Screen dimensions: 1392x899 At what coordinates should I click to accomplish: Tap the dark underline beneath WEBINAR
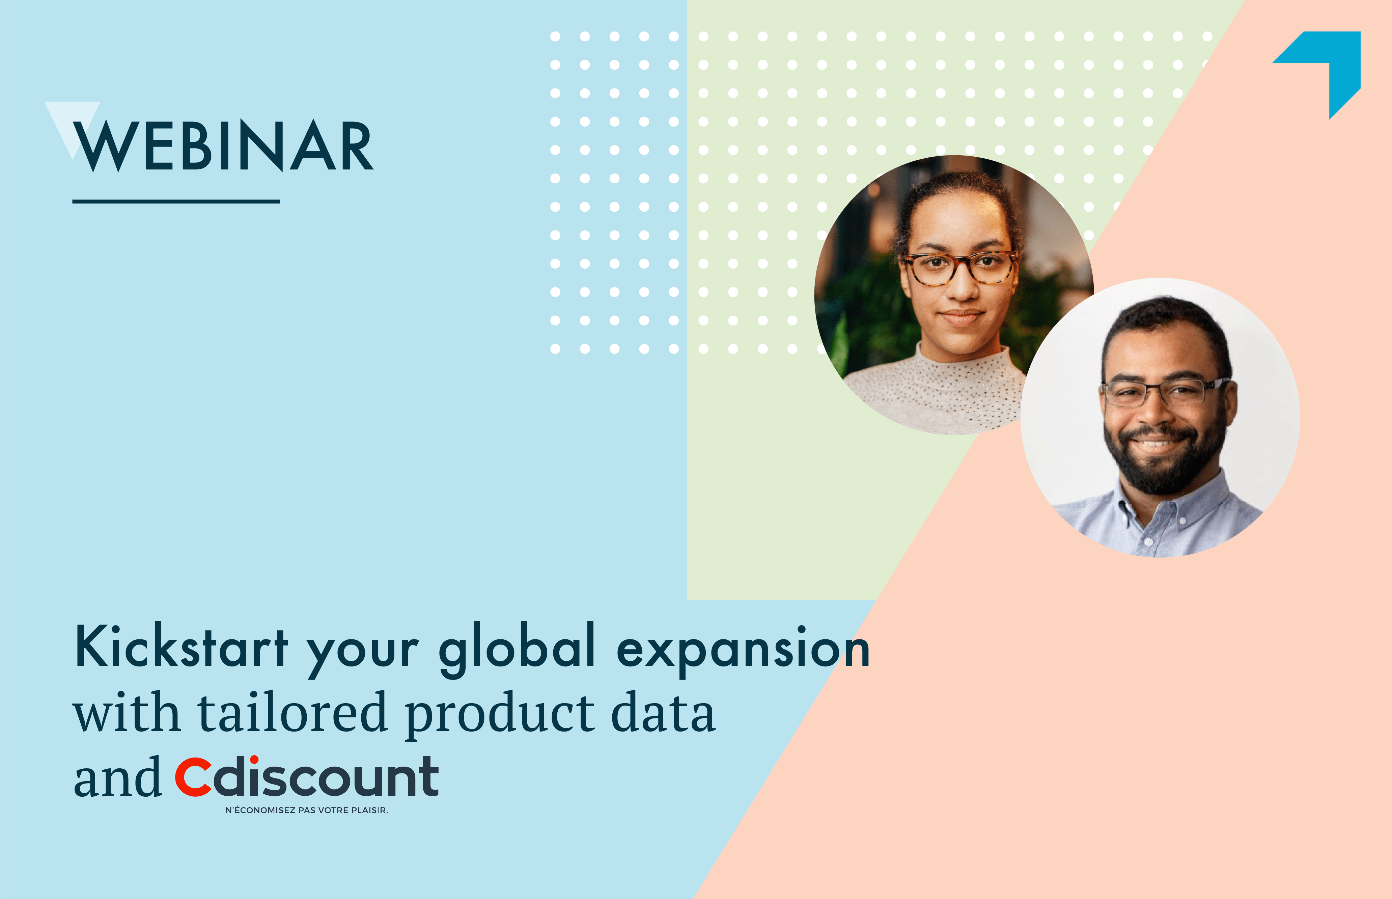point(176,202)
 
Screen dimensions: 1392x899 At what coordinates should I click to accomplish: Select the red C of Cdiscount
point(193,777)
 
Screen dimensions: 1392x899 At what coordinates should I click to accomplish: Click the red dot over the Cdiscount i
point(254,760)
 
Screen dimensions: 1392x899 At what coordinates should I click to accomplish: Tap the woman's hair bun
point(957,184)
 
